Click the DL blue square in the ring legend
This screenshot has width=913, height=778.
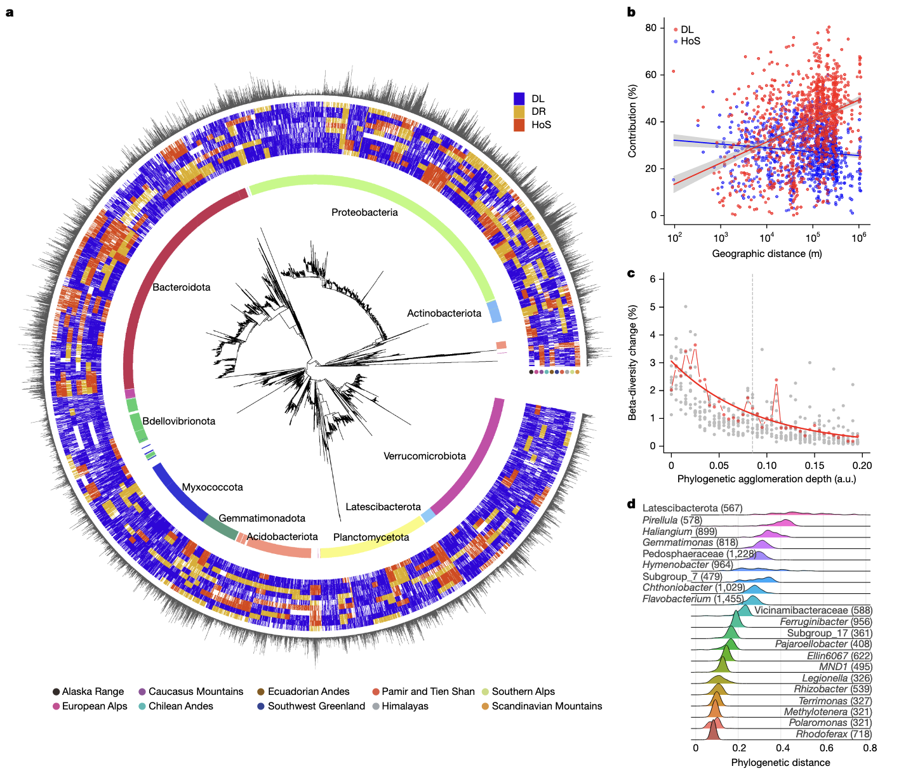(519, 98)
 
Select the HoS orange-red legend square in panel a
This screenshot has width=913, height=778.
(519, 124)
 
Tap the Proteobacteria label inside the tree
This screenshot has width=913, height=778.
(364, 213)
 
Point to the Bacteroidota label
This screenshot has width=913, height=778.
(182, 287)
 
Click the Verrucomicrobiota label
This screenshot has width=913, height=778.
(425, 456)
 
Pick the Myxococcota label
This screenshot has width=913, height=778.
(213, 487)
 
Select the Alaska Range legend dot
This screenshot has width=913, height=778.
(57, 692)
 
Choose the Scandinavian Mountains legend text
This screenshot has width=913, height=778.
(547, 706)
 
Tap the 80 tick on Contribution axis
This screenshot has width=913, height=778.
(651, 28)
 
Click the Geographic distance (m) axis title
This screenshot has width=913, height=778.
(767, 254)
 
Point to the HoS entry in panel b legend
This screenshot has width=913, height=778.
(690, 41)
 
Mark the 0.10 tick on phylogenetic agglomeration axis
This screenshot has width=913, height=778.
(767, 466)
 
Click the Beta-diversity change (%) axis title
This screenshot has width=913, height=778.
(632, 362)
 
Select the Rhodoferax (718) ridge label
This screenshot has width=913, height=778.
(834, 734)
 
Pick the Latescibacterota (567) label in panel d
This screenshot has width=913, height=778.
(692, 508)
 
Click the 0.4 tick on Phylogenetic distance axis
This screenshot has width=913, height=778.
(783, 748)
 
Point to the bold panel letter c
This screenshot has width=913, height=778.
(631, 274)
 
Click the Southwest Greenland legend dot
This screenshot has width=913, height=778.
(261, 706)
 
